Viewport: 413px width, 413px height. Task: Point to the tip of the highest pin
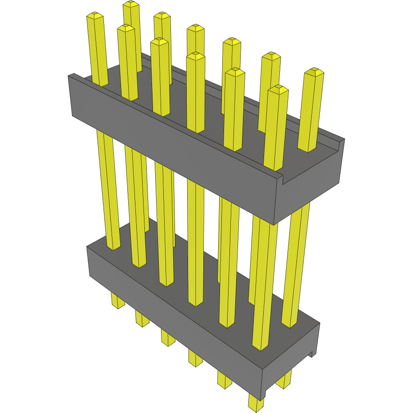click(131, 4)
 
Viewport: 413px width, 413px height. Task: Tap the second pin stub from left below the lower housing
click(142, 319)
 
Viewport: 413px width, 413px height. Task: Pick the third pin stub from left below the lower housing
click(168, 338)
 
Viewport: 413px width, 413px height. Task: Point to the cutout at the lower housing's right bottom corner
click(310, 355)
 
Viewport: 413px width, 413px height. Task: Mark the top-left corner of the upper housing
click(69, 76)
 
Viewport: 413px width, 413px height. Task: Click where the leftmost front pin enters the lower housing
click(114, 247)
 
